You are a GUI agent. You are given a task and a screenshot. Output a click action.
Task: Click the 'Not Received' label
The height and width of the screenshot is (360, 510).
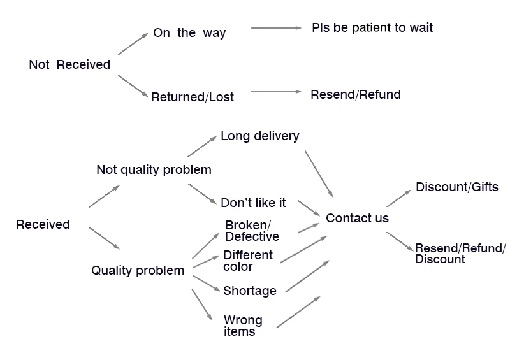click(69, 64)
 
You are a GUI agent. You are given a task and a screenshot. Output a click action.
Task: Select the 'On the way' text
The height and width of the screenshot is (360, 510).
click(189, 32)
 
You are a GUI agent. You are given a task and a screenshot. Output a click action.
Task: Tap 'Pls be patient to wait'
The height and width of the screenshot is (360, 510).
click(372, 27)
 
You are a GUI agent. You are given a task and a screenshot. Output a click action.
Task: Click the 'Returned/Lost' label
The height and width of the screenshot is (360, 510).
click(193, 97)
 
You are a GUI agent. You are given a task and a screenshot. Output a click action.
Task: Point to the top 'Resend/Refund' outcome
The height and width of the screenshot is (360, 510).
click(356, 94)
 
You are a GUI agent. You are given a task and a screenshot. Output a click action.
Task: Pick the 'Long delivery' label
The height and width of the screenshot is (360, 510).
click(259, 136)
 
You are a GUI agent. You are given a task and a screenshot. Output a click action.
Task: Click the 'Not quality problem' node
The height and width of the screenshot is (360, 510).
click(154, 169)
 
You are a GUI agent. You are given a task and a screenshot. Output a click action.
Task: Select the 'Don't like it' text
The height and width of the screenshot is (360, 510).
click(253, 203)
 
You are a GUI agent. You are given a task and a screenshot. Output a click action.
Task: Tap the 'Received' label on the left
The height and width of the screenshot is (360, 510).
click(43, 224)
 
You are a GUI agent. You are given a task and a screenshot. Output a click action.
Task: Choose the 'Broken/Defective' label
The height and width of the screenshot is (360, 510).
click(252, 231)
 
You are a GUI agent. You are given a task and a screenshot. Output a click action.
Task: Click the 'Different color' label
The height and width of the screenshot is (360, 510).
click(248, 261)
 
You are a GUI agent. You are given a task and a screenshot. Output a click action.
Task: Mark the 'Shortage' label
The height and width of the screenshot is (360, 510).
click(249, 291)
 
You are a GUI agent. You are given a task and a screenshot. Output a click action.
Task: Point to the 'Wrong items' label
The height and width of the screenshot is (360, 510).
click(242, 326)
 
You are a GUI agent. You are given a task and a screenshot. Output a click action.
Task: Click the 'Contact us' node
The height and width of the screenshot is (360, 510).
click(357, 218)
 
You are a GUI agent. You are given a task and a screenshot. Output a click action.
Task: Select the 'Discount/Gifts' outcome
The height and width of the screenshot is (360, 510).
click(456, 187)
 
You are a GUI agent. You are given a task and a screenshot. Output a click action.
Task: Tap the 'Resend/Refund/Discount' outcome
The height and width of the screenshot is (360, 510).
click(460, 253)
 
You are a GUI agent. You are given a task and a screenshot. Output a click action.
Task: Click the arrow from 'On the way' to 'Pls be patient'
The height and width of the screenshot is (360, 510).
click(276, 28)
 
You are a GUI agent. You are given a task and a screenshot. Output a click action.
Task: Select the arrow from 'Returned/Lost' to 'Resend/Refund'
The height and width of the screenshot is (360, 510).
click(276, 92)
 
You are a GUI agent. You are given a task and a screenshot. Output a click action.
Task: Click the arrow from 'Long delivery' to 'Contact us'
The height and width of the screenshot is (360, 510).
click(319, 173)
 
